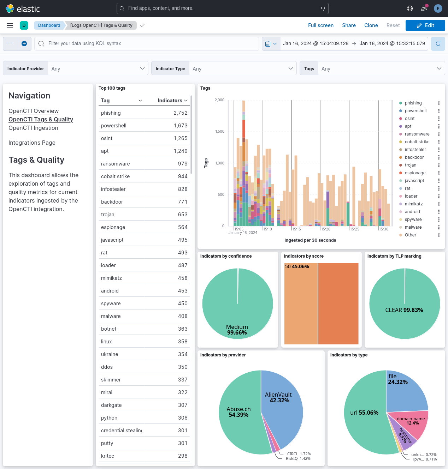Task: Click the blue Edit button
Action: pos(425,25)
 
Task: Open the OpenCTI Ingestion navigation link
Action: pos(33,128)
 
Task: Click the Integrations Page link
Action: pos(32,143)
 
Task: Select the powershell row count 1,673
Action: pos(181,126)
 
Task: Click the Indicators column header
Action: pos(170,101)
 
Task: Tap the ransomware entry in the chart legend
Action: pos(417,134)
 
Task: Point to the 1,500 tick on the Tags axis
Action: pos(220,131)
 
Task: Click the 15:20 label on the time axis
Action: pos(325,229)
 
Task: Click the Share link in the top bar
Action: pos(349,25)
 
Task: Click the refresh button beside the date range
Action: pos(438,44)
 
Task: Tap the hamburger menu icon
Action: pos(10,25)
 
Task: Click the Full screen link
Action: pos(320,25)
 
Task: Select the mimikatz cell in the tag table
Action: pos(111,278)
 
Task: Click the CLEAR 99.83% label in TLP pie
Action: pos(404,310)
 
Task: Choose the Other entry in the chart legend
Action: pos(410,235)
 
